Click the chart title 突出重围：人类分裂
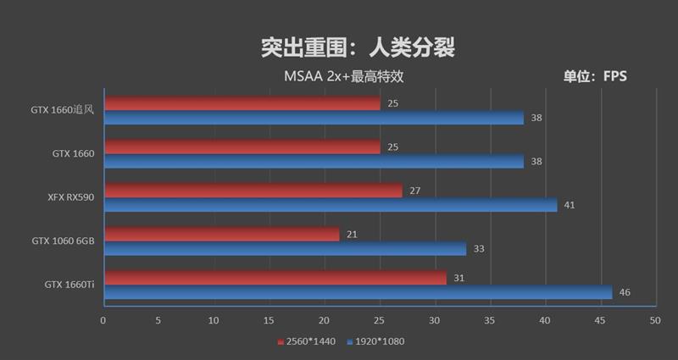pyautogui.click(x=358, y=47)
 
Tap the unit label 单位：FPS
pyautogui.click(x=595, y=76)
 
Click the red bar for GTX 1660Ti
pyautogui.click(x=275, y=278)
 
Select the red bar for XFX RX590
pyautogui.click(x=253, y=191)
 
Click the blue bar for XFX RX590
pyautogui.click(x=330, y=205)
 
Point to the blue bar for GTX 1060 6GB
pyautogui.click(x=285, y=248)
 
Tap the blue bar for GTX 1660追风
pyautogui.click(x=313, y=118)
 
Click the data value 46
pyautogui.click(x=625, y=292)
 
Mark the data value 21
pyautogui.click(x=350, y=234)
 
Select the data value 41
pyautogui.click(x=570, y=205)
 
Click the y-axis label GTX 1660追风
pyautogui.click(x=63, y=110)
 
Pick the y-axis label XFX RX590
pyautogui.click(x=71, y=197)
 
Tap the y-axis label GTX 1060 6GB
pyautogui.click(x=64, y=241)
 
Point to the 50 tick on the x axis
pyautogui.click(x=654, y=320)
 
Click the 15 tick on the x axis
pyautogui.click(x=269, y=320)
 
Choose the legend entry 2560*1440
pyautogui.click(x=307, y=342)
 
